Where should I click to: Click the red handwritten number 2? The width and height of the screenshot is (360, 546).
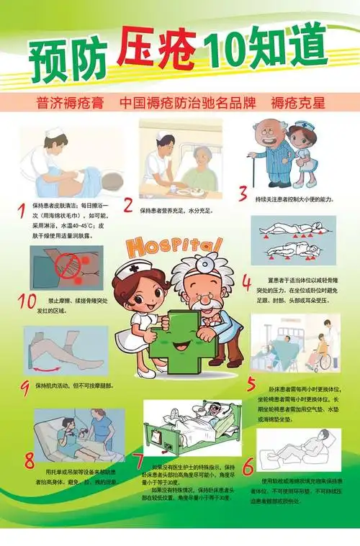[x=127, y=206]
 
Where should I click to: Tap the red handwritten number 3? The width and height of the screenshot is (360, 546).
[x=243, y=194]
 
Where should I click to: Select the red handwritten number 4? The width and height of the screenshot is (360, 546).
[x=246, y=281]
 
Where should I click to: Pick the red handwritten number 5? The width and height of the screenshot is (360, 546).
[x=251, y=383]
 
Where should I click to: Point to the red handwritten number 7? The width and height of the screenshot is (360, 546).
[x=138, y=461]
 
